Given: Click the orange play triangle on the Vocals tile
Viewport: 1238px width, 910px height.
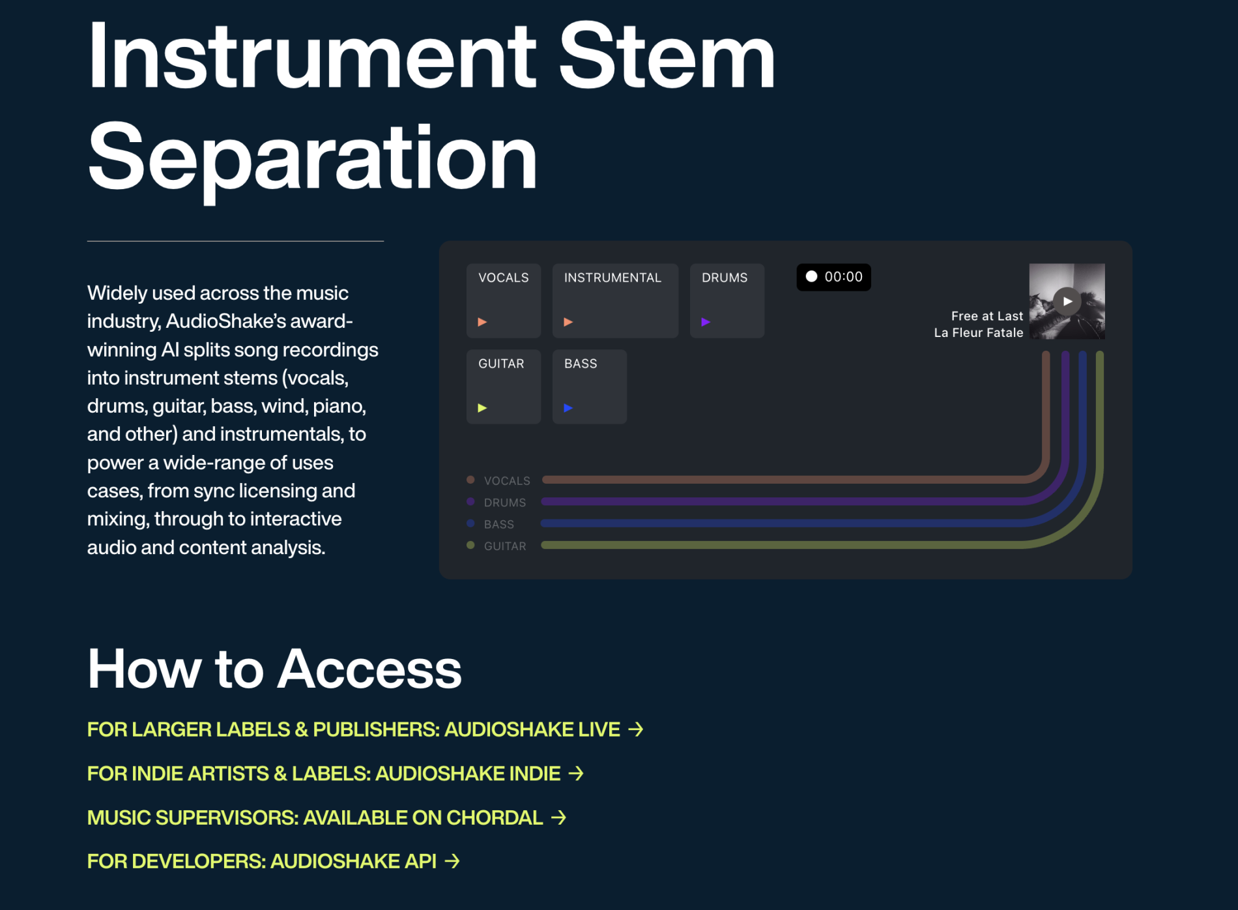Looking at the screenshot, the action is click(x=482, y=322).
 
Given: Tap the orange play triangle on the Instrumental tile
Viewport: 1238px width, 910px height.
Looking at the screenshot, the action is click(x=568, y=322).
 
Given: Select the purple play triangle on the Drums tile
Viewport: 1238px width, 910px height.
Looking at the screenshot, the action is click(x=706, y=322).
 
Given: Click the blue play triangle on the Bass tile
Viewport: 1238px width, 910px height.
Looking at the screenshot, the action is click(x=568, y=408).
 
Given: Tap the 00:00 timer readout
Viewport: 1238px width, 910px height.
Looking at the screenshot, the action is click(x=843, y=277).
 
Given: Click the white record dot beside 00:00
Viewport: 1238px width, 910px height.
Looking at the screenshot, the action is click(x=811, y=276).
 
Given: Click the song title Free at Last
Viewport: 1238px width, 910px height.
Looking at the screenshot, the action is click(x=987, y=316).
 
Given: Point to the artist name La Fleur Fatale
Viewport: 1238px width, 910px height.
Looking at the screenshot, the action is click(x=979, y=332).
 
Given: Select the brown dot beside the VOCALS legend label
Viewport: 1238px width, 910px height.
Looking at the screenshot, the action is click(x=470, y=480).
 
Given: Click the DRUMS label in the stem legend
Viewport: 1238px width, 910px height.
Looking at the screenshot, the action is click(x=505, y=503).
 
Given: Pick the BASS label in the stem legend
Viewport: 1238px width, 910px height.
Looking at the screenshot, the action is click(x=499, y=524).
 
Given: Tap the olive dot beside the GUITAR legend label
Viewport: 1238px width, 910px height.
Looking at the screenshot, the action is click(x=470, y=545).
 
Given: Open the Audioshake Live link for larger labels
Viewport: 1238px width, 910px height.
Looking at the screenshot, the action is click(x=365, y=729).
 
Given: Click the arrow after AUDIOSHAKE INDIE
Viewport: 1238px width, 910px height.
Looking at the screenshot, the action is click(x=576, y=773).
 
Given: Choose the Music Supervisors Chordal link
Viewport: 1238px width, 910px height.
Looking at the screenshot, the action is click(x=326, y=817).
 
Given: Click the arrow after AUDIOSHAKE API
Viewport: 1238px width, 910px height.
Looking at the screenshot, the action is click(x=452, y=861).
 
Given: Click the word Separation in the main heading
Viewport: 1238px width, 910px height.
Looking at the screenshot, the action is click(x=313, y=158).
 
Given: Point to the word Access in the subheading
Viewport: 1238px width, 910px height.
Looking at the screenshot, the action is click(x=369, y=669).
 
